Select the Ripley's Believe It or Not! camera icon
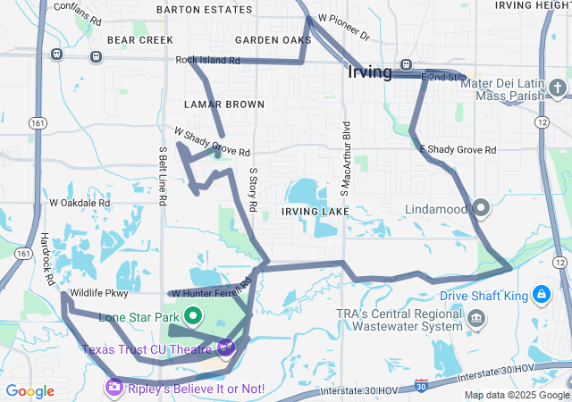(114, 387)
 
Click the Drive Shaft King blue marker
(542, 294)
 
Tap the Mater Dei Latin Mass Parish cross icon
(559, 88)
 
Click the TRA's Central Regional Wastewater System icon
(476, 319)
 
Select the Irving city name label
(370, 72)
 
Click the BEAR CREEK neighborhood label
(139, 40)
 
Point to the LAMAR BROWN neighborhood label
(224, 105)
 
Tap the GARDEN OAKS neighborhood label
(273, 40)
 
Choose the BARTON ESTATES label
(204, 9)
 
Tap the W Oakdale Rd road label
(80, 203)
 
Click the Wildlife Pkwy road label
(99, 292)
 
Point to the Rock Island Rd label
(208, 61)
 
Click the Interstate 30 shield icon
(421, 386)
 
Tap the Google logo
(29, 391)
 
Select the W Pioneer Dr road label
(343, 27)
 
